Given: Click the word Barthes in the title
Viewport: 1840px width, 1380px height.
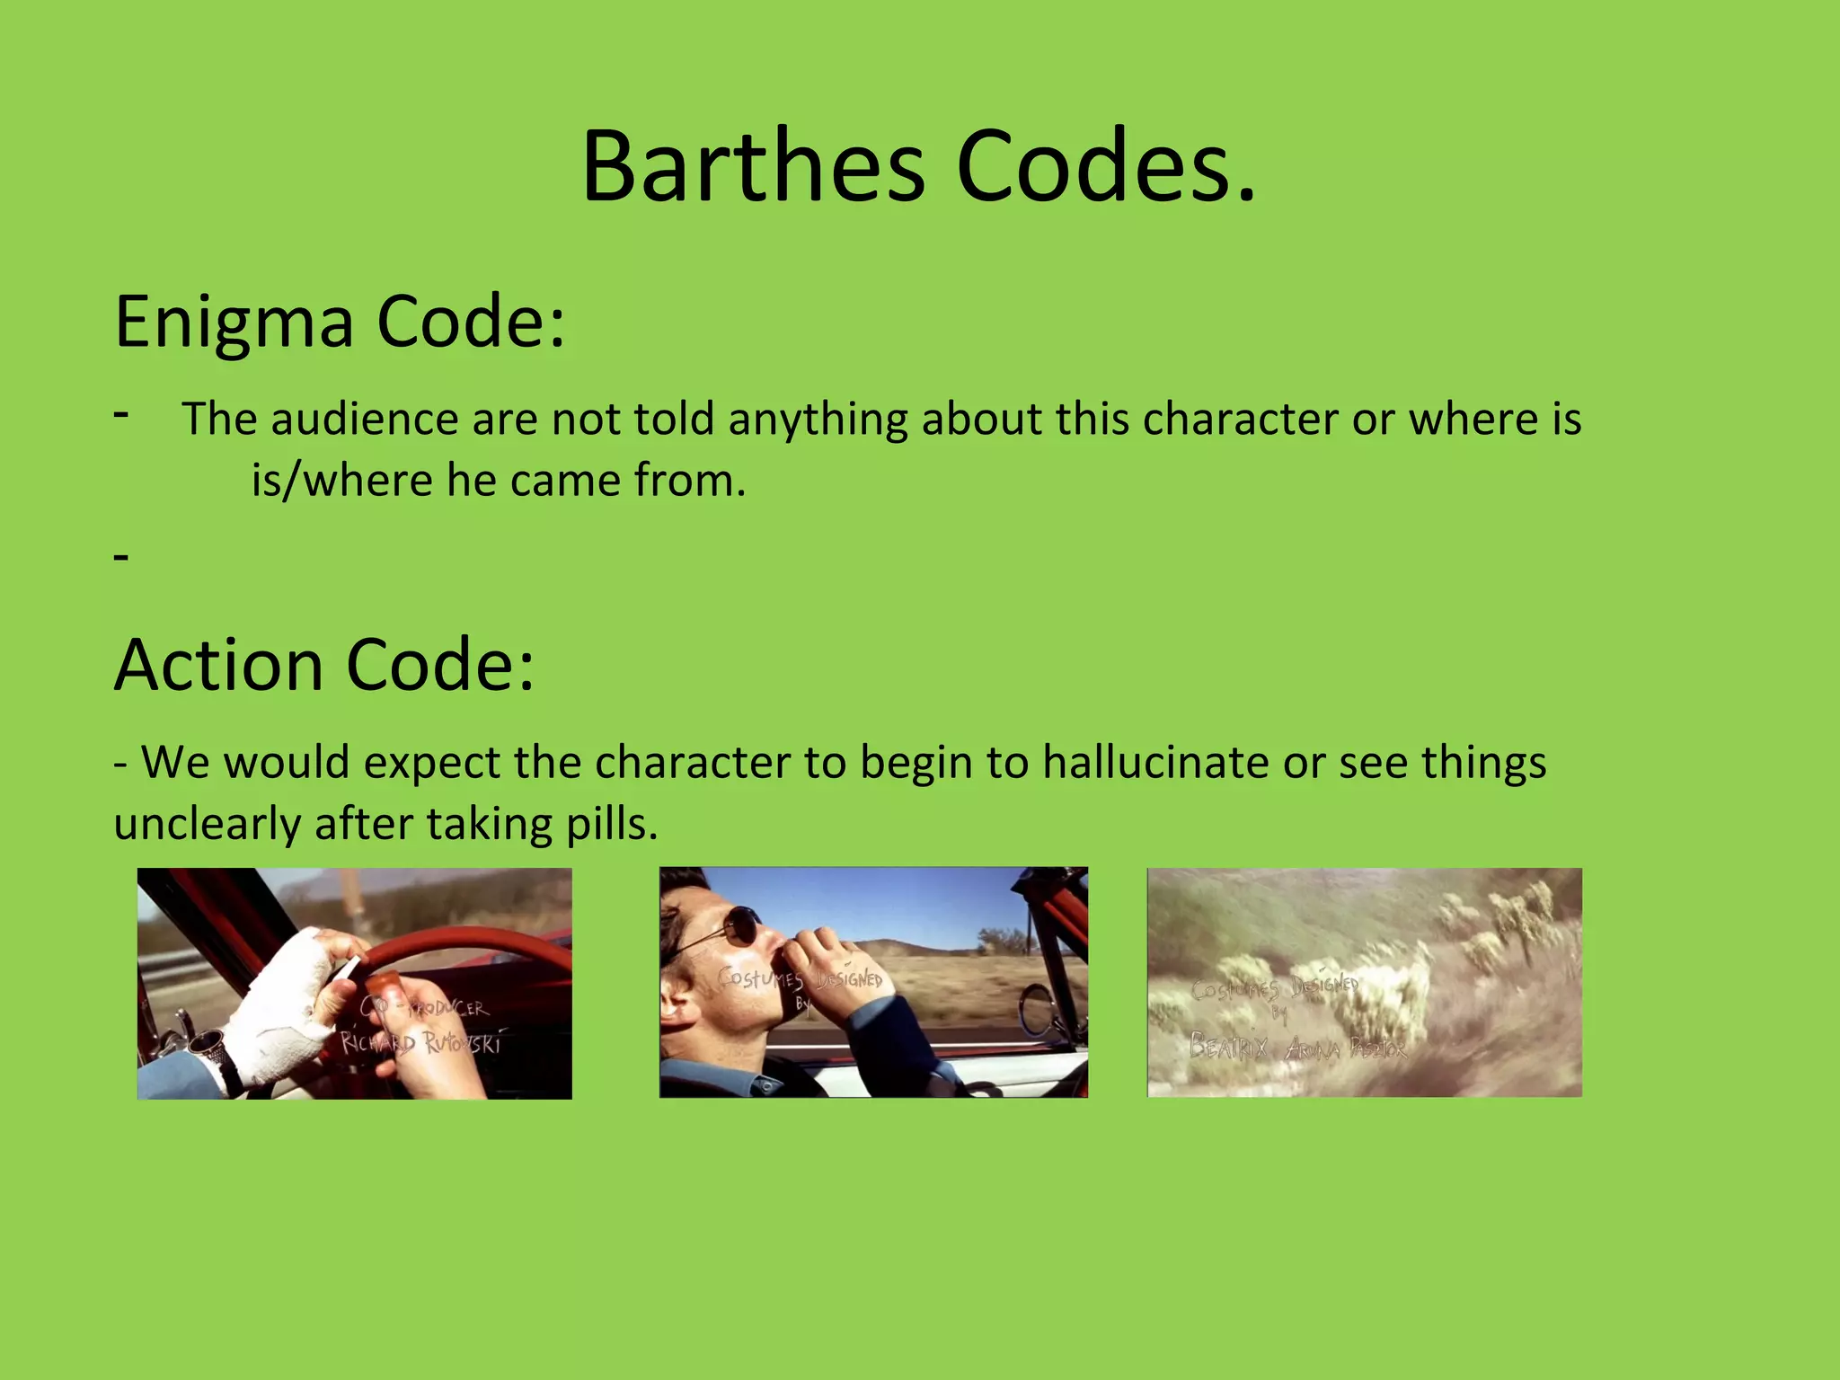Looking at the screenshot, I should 753,167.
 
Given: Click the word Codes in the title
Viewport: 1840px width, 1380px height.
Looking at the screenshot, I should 1105,167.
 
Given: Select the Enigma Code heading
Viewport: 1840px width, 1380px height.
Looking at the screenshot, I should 340,322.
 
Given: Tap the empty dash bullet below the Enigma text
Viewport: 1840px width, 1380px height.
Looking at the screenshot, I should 122,557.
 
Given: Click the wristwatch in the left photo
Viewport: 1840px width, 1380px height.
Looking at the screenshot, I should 208,1047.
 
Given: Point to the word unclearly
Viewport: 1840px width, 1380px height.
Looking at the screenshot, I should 207,823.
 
